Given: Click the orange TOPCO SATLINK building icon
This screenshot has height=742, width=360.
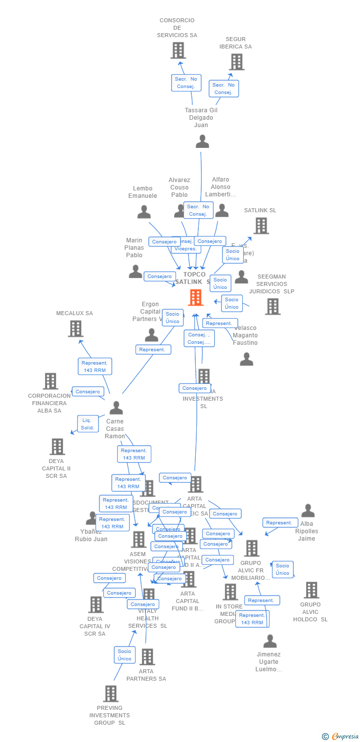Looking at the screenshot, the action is click(196, 297).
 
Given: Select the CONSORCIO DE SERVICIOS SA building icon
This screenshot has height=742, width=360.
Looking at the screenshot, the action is click(178, 50).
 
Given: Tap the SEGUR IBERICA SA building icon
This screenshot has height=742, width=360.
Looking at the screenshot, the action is click(237, 62).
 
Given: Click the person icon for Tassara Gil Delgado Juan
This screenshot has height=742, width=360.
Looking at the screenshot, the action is click(202, 141).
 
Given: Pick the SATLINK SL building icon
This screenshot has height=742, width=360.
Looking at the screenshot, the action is click(261, 226).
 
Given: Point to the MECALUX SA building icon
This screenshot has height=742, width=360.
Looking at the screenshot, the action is click(76, 328).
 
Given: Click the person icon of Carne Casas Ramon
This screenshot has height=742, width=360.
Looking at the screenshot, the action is click(116, 408).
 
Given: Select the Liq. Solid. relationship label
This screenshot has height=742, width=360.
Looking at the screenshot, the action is click(88, 424).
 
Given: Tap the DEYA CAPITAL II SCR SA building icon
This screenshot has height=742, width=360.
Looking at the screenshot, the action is click(57, 447).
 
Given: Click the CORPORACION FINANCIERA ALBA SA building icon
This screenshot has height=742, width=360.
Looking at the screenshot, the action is click(50, 381).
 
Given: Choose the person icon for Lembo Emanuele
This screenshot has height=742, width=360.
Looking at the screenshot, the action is click(144, 212).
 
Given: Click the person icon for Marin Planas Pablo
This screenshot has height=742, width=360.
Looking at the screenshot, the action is click(135, 271).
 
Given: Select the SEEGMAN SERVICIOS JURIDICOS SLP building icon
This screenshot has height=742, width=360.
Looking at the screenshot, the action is click(272, 306).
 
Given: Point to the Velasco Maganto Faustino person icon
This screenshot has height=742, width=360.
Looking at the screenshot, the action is click(246, 359).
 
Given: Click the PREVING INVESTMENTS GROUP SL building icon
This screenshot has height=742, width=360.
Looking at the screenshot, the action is click(111, 694).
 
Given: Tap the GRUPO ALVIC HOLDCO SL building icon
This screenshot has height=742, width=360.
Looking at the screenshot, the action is click(312, 590).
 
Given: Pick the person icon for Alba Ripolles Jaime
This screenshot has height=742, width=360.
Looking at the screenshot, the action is click(308, 510).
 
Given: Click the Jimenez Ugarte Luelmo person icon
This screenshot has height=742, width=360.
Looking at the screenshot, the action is click(270, 641).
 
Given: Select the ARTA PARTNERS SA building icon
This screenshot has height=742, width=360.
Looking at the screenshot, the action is click(147, 657).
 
